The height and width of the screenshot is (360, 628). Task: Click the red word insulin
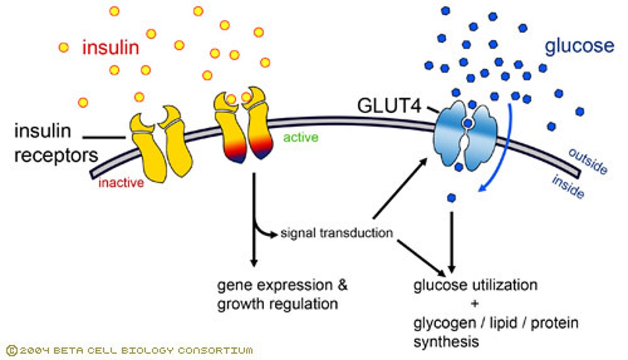click(x=111, y=48)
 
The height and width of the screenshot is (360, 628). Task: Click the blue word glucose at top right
click(x=580, y=46)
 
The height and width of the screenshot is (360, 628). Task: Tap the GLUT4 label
click(x=389, y=106)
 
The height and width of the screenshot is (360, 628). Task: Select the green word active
click(x=300, y=138)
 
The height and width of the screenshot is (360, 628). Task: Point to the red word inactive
click(x=121, y=183)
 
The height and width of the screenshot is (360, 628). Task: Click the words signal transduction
click(x=336, y=233)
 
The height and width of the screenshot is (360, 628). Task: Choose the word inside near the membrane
click(x=568, y=187)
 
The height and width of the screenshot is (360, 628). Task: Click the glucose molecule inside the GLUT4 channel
click(x=468, y=124)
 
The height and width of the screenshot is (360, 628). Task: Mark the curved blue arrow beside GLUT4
click(x=498, y=153)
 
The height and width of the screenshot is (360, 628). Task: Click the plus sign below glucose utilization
click(x=475, y=304)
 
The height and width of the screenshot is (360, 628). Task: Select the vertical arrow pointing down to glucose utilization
click(x=451, y=240)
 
